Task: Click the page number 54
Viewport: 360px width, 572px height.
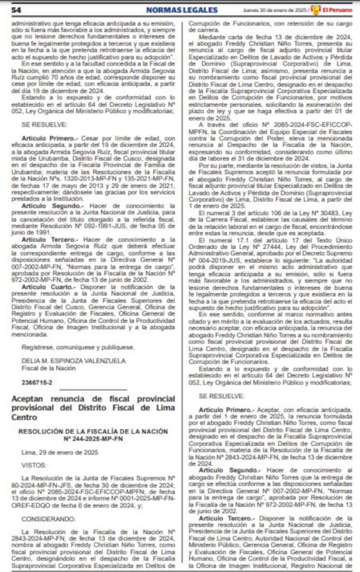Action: pos(16,10)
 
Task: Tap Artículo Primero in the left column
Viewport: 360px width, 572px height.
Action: pos(43,137)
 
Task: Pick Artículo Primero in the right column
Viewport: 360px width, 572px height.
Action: pos(222,410)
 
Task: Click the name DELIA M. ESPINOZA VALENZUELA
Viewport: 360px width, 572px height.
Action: pos(74,345)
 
